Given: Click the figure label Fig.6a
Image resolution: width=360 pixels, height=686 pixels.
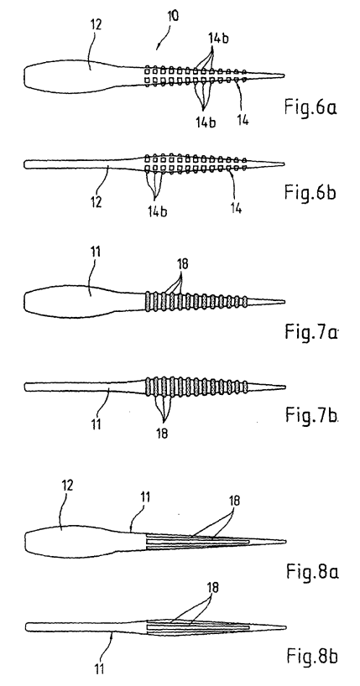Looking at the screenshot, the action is click(311, 107).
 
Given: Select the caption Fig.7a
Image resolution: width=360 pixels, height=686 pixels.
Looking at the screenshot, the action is click(312, 331).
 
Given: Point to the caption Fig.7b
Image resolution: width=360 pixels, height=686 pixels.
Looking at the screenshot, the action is click(312, 414).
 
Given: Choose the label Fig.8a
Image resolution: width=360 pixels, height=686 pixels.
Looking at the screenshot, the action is click(313, 570).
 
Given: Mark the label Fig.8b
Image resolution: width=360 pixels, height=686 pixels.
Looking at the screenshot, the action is click(313, 655).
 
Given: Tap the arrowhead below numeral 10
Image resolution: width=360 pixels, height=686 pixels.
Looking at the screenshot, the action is click(159, 45).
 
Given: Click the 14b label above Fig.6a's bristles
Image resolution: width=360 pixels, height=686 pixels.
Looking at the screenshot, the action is click(217, 39).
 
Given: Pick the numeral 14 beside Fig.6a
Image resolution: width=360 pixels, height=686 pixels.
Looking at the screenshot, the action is click(243, 119).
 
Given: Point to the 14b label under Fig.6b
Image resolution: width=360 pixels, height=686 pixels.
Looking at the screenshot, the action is click(156, 210).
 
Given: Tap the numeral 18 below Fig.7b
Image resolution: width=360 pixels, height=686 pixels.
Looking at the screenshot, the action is click(161, 433).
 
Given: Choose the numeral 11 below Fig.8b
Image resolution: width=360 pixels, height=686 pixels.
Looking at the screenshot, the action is click(98, 668).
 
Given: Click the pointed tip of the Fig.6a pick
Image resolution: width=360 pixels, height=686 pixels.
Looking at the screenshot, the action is click(284, 76).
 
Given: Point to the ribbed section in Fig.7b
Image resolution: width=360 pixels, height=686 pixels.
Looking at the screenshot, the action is click(196, 387).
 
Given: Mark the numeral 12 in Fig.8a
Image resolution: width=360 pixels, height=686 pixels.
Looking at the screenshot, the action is click(67, 486).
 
